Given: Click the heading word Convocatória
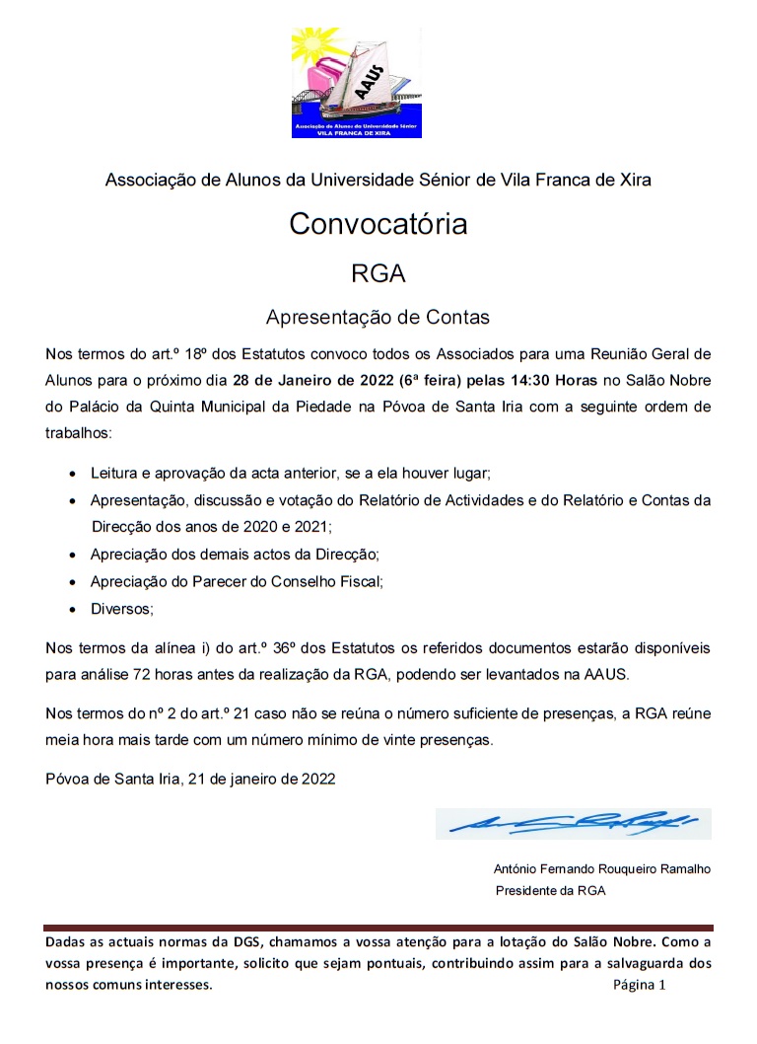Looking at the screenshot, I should pos(378,225).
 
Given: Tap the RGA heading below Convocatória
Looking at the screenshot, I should pos(378,272).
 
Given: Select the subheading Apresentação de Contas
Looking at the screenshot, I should pos(378,318).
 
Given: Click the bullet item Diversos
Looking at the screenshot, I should pos(121,609).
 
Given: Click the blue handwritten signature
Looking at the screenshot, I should pos(572,822).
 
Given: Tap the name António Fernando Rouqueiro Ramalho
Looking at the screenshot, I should pos(601,869).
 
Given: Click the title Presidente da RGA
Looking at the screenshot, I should pos(550,890).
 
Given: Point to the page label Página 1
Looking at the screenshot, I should pos(640,985).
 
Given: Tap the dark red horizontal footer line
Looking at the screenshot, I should pos(378,928).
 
